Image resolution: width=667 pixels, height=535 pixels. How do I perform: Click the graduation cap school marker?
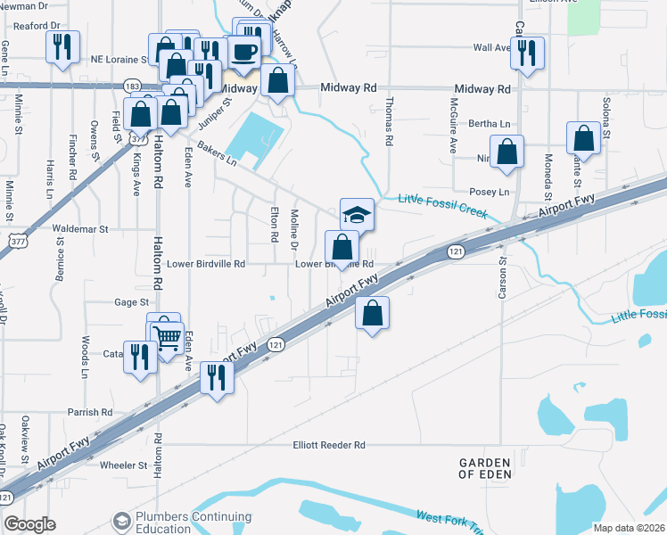click(357, 215)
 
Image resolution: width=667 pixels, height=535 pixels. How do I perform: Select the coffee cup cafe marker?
click(243, 51)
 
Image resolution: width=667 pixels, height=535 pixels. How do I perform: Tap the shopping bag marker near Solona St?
click(583, 138)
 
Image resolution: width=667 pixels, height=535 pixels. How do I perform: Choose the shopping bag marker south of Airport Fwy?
click(373, 313)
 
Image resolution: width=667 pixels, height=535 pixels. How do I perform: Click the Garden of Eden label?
click(485, 468)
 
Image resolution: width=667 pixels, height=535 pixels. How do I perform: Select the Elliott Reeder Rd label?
click(329, 445)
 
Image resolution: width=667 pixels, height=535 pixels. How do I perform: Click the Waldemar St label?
click(80, 229)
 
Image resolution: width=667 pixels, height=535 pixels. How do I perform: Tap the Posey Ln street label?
click(489, 192)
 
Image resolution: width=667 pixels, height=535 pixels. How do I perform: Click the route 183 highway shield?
click(133, 86)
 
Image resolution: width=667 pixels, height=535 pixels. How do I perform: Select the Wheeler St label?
click(123, 465)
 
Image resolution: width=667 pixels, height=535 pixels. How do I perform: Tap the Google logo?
click(30, 524)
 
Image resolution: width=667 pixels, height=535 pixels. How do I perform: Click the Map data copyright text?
click(629, 528)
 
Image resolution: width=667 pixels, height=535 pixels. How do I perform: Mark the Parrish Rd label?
click(90, 413)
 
